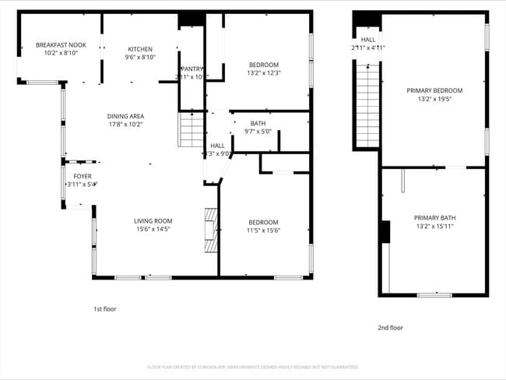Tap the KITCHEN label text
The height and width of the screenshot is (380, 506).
(x=141, y=48)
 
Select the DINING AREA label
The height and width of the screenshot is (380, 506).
(x=125, y=116)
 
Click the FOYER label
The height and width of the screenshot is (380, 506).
(x=83, y=176)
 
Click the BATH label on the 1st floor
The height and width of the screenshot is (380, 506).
(x=258, y=123)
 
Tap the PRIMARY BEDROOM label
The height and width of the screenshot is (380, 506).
(x=434, y=90)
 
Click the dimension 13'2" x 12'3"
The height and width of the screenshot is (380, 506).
(x=264, y=73)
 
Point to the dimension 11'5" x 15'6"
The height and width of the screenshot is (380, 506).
(x=263, y=230)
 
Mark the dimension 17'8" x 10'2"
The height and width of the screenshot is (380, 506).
(x=125, y=125)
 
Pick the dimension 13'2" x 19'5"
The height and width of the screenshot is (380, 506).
(x=434, y=99)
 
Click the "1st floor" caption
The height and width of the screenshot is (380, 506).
(x=105, y=309)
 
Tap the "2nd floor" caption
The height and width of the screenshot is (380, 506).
(x=391, y=328)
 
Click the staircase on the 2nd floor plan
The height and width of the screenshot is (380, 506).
(x=367, y=102)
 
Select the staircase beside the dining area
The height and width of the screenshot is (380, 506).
(x=192, y=129)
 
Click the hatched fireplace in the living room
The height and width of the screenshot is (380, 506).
(x=210, y=229)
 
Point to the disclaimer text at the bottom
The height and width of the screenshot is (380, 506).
(x=252, y=367)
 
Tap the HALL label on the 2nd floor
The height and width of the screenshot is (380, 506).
(x=367, y=39)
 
